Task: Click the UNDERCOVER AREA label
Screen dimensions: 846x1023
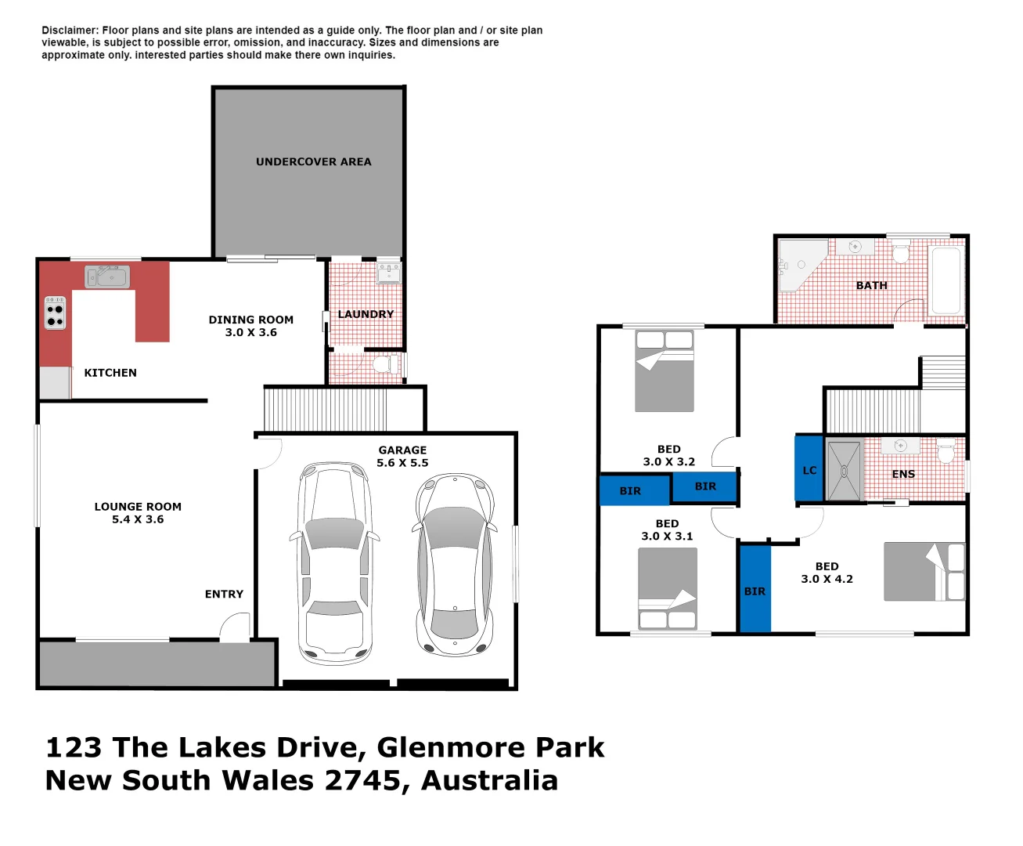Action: pyautogui.click(x=313, y=162)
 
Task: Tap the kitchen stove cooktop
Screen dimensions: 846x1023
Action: pyautogui.click(x=55, y=313)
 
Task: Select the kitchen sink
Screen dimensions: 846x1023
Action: pyautogui.click(x=108, y=277)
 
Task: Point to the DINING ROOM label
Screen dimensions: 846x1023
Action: pyautogui.click(x=250, y=320)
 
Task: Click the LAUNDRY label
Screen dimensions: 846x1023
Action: pyautogui.click(x=366, y=314)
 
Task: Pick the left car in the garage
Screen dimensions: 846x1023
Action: pyautogui.click(x=334, y=564)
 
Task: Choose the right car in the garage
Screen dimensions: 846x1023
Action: pyautogui.click(x=455, y=564)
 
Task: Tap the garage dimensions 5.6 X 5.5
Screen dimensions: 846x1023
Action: pyautogui.click(x=402, y=463)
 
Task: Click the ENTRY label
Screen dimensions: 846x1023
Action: pyautogui.click(x=224, y=595)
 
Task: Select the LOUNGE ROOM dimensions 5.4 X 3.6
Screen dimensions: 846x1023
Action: pyautogui.click(x=138, y=519)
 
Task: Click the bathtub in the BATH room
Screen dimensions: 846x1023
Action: pyautogui.click(x=946, y=280)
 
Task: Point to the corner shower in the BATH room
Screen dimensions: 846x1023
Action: pyautogui.click(x=800, y=265)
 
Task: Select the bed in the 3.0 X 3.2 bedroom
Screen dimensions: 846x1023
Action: pyautogui.click(x=664, y=371)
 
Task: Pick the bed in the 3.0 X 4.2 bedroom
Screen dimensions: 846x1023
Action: pyautogui.click(x=924, y=572)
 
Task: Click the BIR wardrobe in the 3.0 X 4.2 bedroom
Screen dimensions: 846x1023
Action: pyautogui.click(x=755, y=589)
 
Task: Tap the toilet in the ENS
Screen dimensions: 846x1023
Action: pyautogui.click(x=946, y=451)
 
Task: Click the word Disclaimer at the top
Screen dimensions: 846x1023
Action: pyautogui.click(x=70, y=31)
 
